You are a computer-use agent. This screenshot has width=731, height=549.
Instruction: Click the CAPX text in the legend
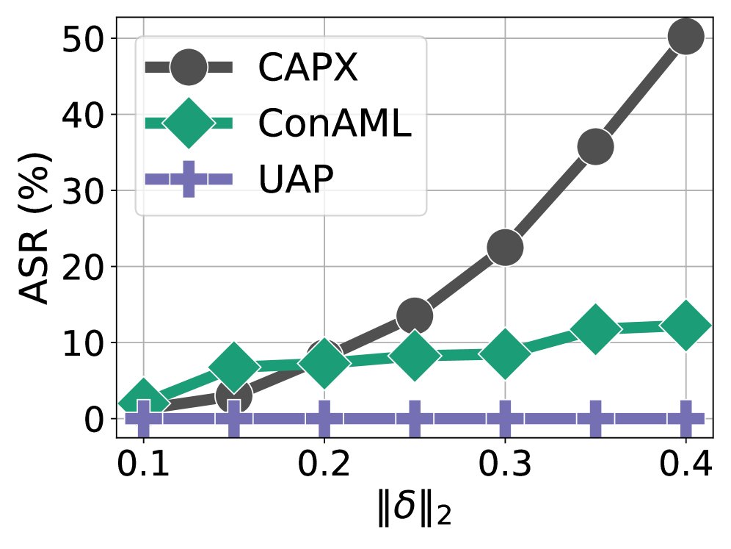click(x=308, y=68)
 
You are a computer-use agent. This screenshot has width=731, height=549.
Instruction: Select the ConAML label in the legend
click(x=334, y=124)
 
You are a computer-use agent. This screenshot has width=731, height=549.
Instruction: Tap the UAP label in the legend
click(x=296, y=179)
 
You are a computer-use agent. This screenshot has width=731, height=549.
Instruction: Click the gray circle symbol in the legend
click(x=189, y=68)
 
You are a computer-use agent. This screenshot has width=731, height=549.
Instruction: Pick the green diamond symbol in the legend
click(x=189, y=123)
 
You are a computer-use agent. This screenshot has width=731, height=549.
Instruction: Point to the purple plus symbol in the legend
click(x=189, y=179)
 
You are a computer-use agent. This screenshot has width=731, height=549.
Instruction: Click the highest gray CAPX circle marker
click(x=686, y=36)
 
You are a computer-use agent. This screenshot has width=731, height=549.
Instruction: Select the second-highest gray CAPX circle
click(x=595, y=146)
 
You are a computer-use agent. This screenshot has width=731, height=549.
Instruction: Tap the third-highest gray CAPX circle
click(x=505, y=247)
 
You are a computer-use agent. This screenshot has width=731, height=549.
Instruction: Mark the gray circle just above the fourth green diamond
click(x=415, y=316)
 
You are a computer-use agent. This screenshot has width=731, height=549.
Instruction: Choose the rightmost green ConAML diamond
click(x=686, y=326)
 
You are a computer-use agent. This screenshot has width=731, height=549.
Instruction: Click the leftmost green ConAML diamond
click(x=143, y=402)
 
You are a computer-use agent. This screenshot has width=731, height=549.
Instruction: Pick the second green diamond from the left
click(x=234, y=366)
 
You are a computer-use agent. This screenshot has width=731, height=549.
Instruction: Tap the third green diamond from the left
click(x=324, y=363)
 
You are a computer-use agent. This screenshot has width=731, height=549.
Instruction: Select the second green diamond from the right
click(x=595, y=329)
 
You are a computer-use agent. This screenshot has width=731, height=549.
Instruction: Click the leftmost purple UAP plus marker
click(x=143, y=419)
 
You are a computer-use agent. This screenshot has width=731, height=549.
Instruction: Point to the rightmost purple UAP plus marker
click(x=686, y=419)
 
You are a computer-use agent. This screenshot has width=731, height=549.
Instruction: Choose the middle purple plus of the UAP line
click(x=415, y=419)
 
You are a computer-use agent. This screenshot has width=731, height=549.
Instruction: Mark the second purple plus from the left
click(x=234, y=419)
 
